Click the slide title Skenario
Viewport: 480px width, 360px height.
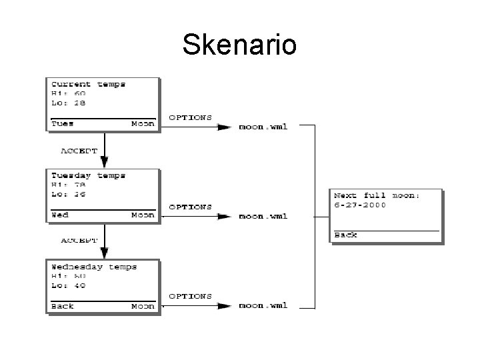click(239, 45)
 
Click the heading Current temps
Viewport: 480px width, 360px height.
click(88, 85)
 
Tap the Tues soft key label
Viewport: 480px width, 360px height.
click(63, 123)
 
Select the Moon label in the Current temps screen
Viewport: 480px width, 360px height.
click(143, 123)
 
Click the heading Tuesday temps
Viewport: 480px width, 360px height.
click(88, 176)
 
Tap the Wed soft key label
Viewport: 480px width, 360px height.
click(60, 215)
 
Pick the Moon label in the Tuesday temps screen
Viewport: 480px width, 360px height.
click(143, 215)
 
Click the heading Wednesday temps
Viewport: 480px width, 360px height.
click(94, 267)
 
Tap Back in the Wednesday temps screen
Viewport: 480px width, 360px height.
click(63, 306)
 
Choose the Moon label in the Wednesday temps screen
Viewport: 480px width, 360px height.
click(143, 306)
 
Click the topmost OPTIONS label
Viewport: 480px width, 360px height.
click(190, 117)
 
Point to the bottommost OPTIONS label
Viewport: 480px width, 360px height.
click(190, 296)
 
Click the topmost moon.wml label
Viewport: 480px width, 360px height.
click(263, 126)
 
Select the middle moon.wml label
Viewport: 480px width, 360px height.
click(263, 216)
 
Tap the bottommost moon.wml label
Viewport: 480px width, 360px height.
click(263, 306)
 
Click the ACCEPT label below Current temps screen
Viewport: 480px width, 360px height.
click(79, 151)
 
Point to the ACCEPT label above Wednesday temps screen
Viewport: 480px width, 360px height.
click(79, 239)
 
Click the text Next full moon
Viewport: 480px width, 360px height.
click(377, 195)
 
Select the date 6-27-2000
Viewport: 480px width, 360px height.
click(360, 205)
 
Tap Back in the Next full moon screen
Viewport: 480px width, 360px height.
click(345, 235)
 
